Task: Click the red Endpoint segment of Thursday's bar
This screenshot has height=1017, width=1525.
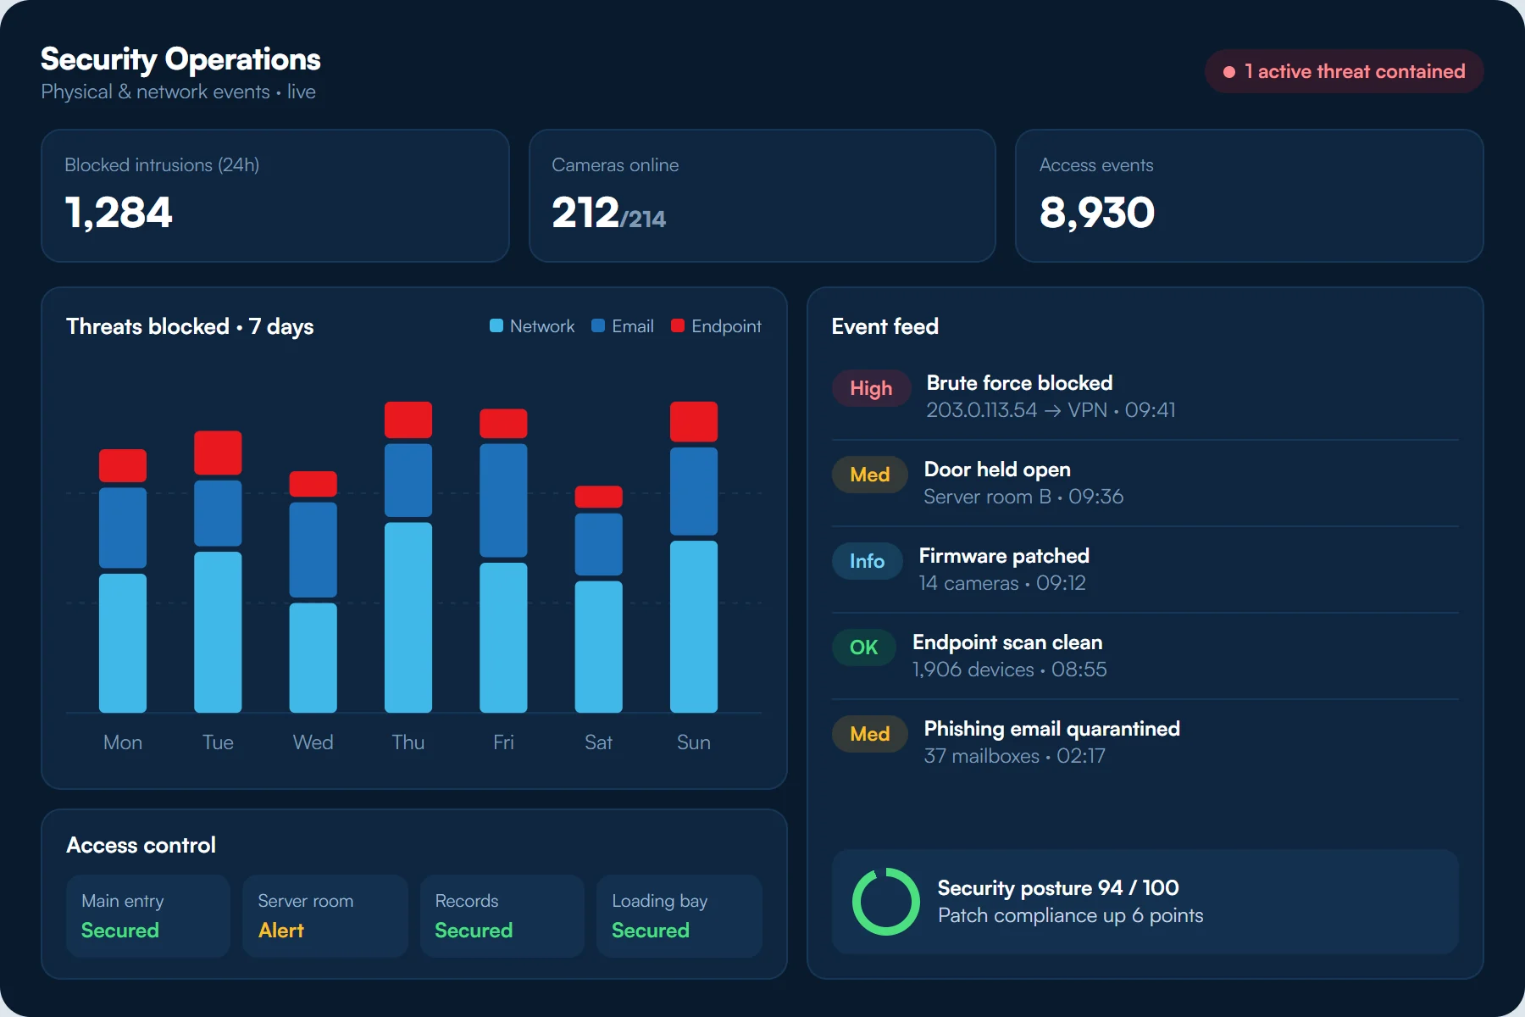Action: (408, 420)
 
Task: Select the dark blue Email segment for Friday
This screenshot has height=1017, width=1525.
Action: (503, 500)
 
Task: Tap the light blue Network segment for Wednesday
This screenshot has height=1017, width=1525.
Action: (313, 658)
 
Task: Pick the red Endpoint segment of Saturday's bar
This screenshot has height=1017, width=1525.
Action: (599, 497)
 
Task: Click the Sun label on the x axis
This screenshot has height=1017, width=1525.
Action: (693, 742)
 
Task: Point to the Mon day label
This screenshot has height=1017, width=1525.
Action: (123, 742)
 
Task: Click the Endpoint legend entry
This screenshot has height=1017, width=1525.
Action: (716, 326)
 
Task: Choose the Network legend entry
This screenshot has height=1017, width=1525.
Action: (532, 326)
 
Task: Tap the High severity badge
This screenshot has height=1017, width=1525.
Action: (871, 388)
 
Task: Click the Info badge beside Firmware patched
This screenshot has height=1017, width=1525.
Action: (867, 561)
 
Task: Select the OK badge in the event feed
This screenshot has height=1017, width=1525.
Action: (863, 647)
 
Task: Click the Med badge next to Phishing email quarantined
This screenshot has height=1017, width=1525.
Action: (869, 734)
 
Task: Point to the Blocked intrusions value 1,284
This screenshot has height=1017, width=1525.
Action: (119, 212)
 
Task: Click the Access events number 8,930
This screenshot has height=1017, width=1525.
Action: (1096, 212)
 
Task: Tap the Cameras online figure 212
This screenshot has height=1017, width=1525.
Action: (585, 212)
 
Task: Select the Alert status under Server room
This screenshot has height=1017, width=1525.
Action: (280, 931)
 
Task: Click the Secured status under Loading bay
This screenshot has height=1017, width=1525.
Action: (651, 931)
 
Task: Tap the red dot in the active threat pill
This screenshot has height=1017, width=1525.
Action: (1229, 72)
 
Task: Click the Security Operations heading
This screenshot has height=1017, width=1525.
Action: (180, 59)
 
